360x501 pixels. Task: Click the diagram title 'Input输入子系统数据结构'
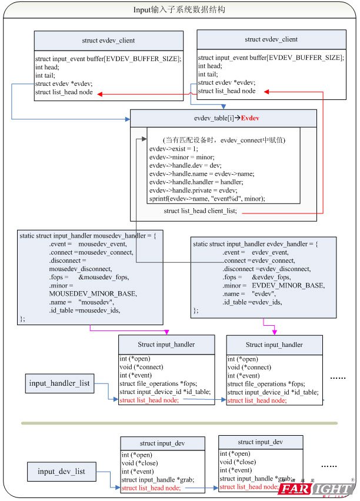click(x=179, y=11)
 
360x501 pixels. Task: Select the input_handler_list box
click(x=60, y=384)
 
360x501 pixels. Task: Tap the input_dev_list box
click(x=62, y=471)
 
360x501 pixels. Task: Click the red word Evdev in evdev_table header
click(x=251, y=118)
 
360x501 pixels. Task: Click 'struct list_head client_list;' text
click(x=201, y=211)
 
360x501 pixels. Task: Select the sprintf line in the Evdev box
click(x=207, y=199)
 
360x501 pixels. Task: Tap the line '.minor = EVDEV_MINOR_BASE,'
click(x=274, y=285)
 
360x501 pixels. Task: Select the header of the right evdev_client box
click(x=271, y=39)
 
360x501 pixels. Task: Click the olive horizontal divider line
click(x=179, y=423)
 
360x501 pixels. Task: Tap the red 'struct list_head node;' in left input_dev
click(x=151, y=488)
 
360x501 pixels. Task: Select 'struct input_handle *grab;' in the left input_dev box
click(x=158, y=480)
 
